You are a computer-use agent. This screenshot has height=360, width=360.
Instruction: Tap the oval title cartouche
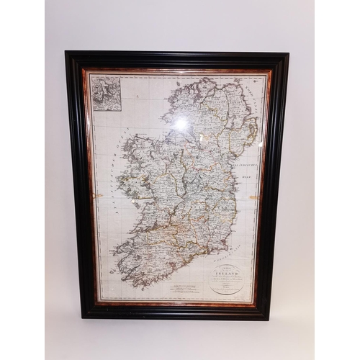(228, 275)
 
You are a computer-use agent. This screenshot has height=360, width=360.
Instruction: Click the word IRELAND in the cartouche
(228, 264)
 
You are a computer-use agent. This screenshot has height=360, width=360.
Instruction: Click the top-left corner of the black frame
(66, 53)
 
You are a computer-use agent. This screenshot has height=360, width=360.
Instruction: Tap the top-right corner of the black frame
(287, 54)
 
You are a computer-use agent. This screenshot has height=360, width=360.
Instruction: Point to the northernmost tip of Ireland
(202, 78)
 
